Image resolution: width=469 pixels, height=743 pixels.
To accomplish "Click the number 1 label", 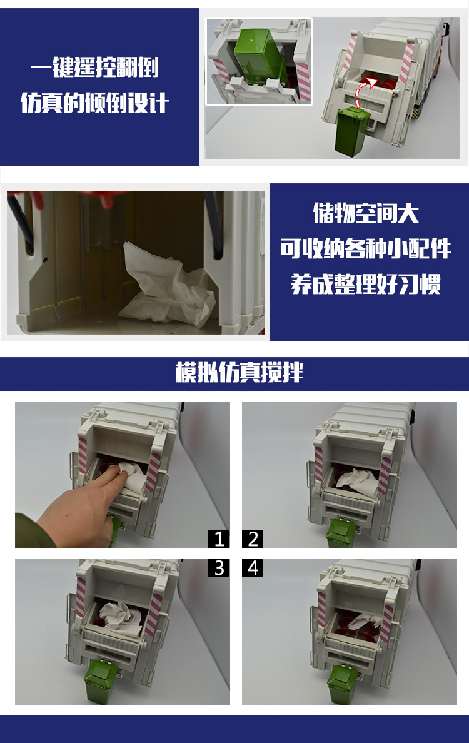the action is [x=219, y=538].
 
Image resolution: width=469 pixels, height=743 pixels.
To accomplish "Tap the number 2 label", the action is [x=253, y=538].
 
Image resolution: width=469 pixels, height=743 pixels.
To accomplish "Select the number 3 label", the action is [x=219, y=568].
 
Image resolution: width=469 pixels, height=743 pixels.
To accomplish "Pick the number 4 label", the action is [x=253, y=568].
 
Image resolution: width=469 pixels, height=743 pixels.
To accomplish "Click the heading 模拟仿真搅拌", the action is [x=240, y=372].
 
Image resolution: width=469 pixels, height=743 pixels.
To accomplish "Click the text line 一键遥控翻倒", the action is [x=95, y=67].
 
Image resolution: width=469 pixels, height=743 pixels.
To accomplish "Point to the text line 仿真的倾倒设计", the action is [x=95, y=103].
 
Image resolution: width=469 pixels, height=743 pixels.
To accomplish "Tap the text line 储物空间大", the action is [x=366, y=213].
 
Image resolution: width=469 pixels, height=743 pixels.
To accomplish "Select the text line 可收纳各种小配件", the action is [x=366, y=248].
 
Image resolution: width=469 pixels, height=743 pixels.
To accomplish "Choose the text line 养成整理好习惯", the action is [x=366, y=284].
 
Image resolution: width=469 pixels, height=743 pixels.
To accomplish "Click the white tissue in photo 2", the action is [x=358, y=482].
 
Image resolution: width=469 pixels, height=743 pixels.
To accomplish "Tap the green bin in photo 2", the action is [x=341, y=533].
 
